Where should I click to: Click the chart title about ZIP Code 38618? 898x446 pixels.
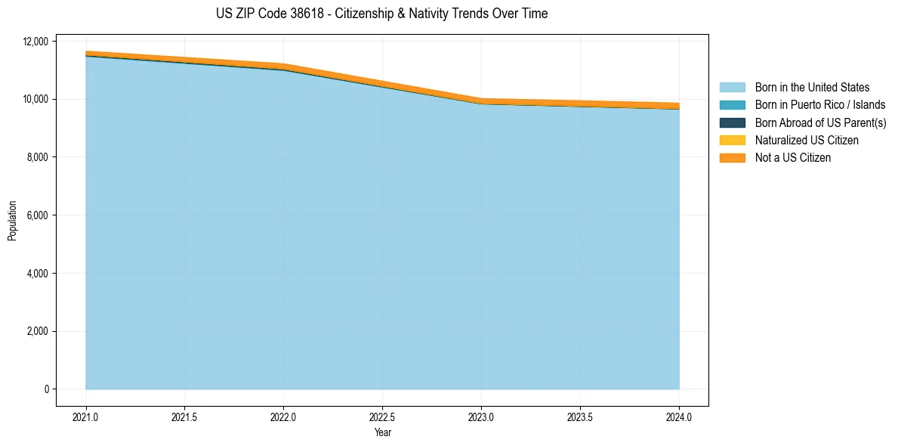click(381, 14)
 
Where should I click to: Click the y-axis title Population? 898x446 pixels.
click(12, 221)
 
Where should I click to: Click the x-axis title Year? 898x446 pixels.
click(382, 432)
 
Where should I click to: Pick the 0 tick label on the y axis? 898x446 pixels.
click(46, 389)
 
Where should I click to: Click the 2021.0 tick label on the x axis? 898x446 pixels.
click(86, 417)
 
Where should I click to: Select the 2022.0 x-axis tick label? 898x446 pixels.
click(283, 417)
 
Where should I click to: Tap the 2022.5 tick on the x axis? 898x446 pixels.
click(382, 417)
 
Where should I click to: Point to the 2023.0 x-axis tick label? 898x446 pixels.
click(481, 417)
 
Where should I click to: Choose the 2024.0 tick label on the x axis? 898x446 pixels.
click(679, 417)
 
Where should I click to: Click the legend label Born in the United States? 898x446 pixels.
click(812, 88)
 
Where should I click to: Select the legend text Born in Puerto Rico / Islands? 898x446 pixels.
click(820, 105)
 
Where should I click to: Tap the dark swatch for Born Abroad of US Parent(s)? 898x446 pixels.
click(732, 122)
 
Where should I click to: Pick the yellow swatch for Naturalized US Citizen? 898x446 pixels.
click(732, 140)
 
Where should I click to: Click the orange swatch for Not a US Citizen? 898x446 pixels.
click(732, 157)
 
